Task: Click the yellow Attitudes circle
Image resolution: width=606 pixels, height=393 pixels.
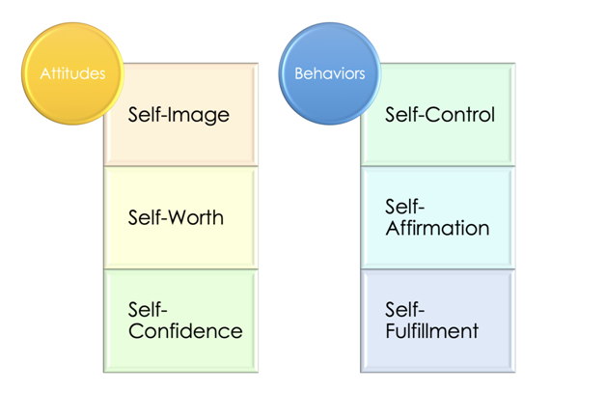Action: coord(72,73)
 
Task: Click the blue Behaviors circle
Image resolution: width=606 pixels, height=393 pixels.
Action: coord(329,73)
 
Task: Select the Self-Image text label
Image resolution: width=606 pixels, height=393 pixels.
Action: coord(179,115)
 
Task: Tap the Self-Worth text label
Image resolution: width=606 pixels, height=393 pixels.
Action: coord(176,217)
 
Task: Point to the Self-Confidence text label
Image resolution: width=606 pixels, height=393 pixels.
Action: coord(184,320)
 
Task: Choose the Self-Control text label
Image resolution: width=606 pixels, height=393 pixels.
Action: coord(439,115)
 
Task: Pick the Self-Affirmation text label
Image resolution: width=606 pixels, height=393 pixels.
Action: coord(437,217)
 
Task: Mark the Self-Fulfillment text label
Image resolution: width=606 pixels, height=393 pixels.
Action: coord(431,320)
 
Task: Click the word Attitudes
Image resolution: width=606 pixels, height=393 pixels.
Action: coord(72,73)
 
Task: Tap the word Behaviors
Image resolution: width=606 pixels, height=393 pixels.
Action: coord(329,73)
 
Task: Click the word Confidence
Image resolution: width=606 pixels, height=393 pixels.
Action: coord(184,331)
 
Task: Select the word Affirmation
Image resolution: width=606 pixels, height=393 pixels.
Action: coord(437,229)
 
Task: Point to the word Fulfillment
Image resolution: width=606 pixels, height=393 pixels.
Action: coord(431,331)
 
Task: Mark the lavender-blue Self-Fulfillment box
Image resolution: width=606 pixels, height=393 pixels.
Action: coord(438,353)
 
